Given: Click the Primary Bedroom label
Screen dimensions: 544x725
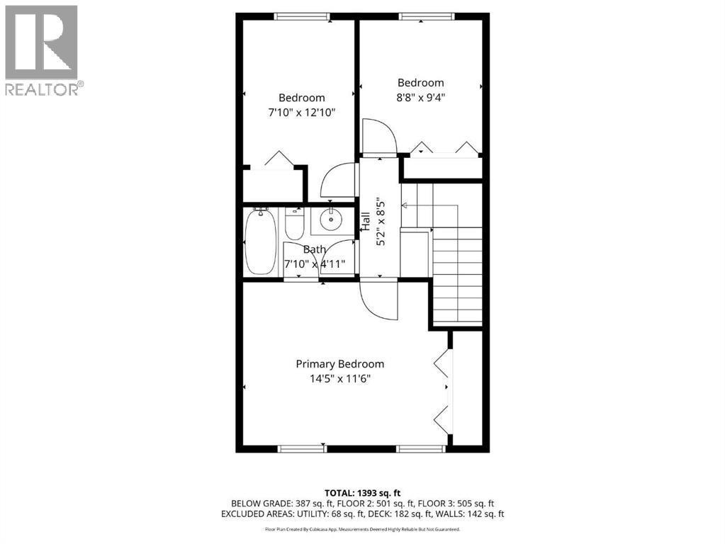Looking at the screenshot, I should pos(340,364).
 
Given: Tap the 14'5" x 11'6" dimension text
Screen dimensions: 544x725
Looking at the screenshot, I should pos(340,378).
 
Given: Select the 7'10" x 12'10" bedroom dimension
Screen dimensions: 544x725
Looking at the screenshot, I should pos(301,112).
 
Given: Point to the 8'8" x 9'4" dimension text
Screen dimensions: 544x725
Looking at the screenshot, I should pos(420,97).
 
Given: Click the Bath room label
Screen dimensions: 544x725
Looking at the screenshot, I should pos(315,249).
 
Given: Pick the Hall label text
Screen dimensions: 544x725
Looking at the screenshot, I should pos(366,221).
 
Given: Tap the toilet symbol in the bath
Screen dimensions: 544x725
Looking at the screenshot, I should pos(293,223).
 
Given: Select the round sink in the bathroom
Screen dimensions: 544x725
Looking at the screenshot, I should pos(330,220).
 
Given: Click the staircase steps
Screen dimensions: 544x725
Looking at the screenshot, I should pos(457,280).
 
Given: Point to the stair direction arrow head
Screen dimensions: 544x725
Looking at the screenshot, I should pos(404,205).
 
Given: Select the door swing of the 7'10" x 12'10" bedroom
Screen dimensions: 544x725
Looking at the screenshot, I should pos(338,181).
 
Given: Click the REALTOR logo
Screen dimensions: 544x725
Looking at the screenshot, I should pos(43,50).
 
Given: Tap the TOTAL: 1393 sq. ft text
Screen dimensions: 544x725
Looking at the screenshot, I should pos(362,492).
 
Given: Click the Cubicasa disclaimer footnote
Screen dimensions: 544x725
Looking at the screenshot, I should pos(362,529).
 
